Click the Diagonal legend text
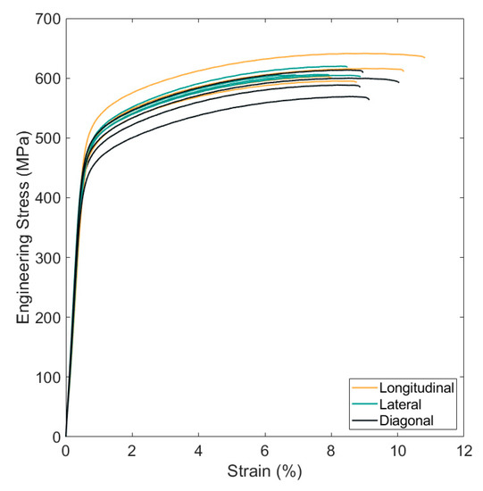click(407, 420)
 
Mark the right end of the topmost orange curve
click(424, 58)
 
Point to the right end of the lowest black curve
click(369, 99)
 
